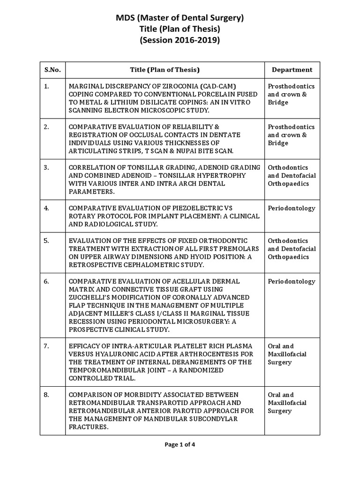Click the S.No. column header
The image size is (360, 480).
[x=52, y=70]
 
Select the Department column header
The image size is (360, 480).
[x=292, y=70]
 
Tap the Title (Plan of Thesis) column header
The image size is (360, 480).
[x=165, y=70]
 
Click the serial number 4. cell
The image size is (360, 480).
[x=46, y=208]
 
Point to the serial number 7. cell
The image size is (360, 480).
[x=46, y=346]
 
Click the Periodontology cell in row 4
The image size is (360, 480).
[x=291, y=208]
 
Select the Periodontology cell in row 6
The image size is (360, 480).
[x=291, y=281]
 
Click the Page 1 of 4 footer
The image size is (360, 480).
[x=180, y=445]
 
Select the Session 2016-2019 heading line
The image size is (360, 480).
[x=180, y=40]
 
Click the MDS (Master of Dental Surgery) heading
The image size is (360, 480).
[x=180, y=18]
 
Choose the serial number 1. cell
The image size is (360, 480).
[x=46, y=86]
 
